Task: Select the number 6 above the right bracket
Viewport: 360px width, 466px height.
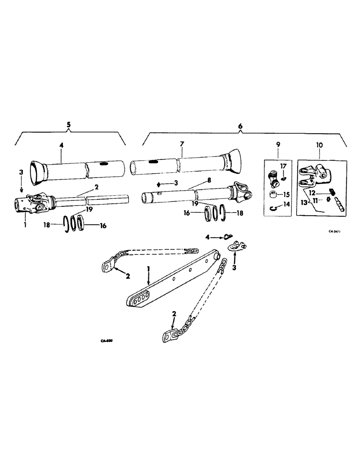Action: (x=240, y=126)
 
